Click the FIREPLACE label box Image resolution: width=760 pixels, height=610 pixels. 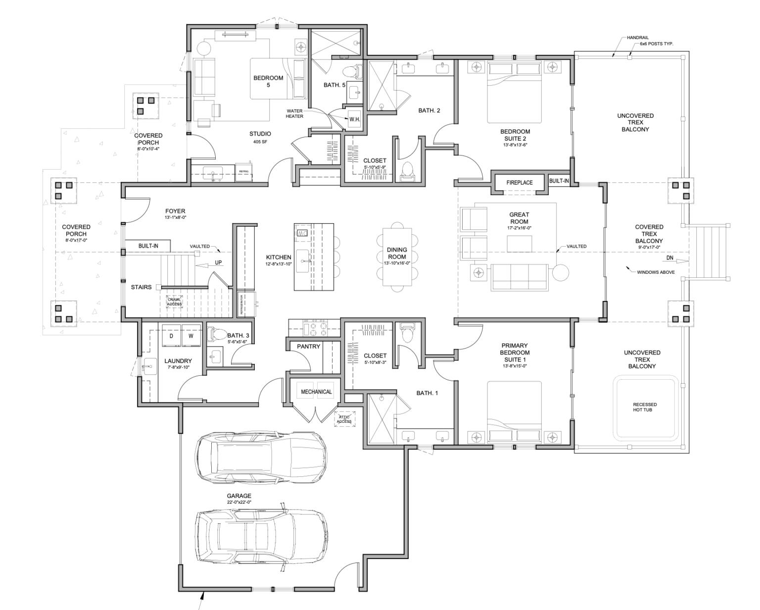pyautogui.click(x=520, y=183)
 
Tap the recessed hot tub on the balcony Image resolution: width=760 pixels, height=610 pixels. pyautogui.click(x=645, y=407)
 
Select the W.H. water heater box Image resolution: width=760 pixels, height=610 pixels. pyautogui.click(x=354, y=119)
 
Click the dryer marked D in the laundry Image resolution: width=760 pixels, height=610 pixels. pyautogui.click(x=171, y=336)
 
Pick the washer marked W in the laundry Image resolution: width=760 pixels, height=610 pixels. pyautogui.click(x=191, y=336)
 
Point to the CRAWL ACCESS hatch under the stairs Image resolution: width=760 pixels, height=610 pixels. pyautogui.click(x=174, y=302)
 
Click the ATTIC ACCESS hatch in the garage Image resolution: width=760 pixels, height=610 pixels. pyautogui.click(x=344, y=419)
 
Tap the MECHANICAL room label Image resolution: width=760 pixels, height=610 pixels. pyautogui.click(x=316, y=392)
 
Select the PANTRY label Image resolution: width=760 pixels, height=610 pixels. pyautogui.click(x=309, y=347)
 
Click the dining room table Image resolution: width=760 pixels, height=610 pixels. pyautogui.click(x=397, y=256)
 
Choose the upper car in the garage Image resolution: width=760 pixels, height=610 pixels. pyautogui.click(x=261, y=458)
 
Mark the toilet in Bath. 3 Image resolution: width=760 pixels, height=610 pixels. pyautogui.click(x=217, y=334)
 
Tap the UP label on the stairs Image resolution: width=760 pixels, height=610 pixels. pyautogui.click(x=218, y=263)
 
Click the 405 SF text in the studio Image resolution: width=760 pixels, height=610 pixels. pyautogui.click(x=260, y=142)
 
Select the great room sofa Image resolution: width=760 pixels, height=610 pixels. pyautogui.click(x=519, y=277)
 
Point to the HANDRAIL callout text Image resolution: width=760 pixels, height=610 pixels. pyautogui.click(x=637, y=38)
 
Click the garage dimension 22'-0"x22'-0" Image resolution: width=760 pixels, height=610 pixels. pyautogui.click(x=239, y=503)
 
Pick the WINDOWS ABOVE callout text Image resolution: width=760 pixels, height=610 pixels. pyautogui.click(x=656, y=272)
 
